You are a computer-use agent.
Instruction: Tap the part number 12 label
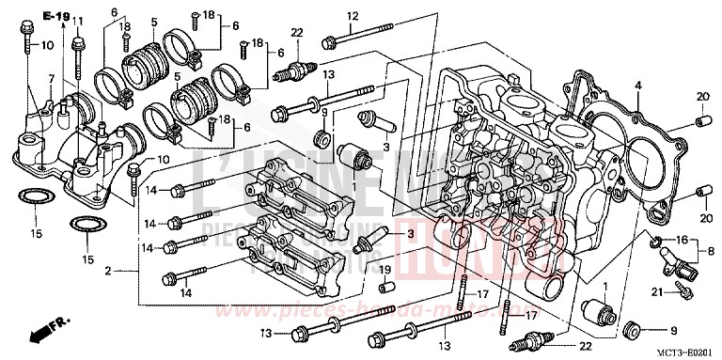353,16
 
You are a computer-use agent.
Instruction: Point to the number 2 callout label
109,271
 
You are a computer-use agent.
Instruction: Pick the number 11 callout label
78,22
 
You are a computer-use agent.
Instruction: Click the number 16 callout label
683,240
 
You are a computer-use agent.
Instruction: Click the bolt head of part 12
329,41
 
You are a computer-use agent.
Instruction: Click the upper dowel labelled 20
699,122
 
